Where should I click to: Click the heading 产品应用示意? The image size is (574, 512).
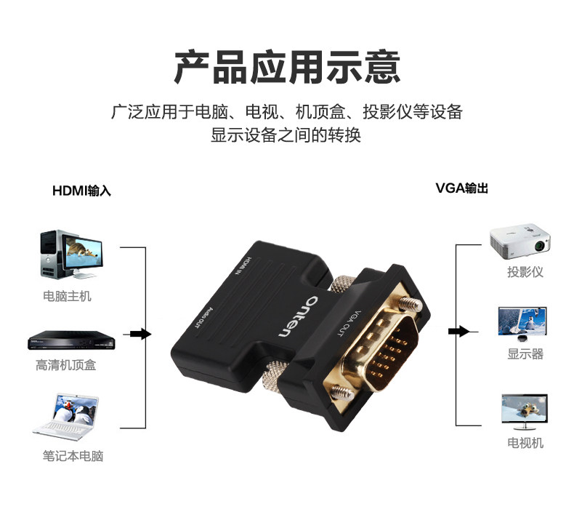tap(287, 67)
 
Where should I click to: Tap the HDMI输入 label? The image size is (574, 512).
tap(81, 191)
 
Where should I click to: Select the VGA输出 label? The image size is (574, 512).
tap(462, 188)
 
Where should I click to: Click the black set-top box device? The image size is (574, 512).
tap(66, 340)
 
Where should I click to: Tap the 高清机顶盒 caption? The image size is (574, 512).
tap(66, 365)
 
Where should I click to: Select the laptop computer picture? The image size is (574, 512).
tap(67, 417)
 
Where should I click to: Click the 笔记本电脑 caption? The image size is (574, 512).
tap(73, 456)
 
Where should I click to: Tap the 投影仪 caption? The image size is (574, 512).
tap(525, 272)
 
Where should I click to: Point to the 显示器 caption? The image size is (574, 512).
tap(525, 354)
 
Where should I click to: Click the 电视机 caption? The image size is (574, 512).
tap(525, 443)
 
